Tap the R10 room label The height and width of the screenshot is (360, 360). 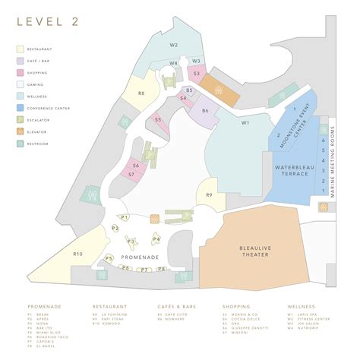click(x=77, y=254)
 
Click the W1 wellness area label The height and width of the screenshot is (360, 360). click(x=245, y=122)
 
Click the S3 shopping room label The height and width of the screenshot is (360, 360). click(x=197, y=74)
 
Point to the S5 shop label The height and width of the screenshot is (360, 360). click(x=157, y=119)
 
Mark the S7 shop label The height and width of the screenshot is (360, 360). click(x=131, y=175)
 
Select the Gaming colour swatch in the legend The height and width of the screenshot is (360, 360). click(x=20, y=84)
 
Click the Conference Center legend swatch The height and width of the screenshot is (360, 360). click(x=20, y=108)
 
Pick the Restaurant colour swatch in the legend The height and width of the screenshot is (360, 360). click(x=20, y=49)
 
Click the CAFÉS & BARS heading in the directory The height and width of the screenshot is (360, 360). click(x=173, y=307)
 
